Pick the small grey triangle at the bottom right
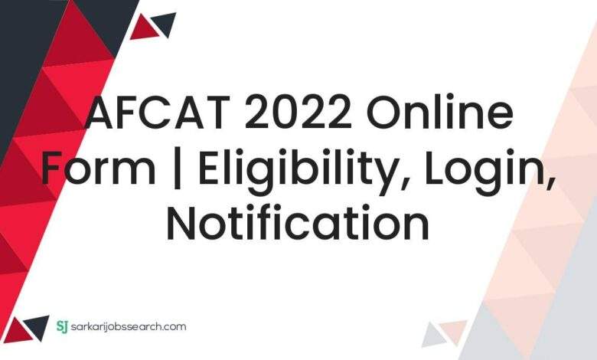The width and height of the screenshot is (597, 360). [x=434, y=336]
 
